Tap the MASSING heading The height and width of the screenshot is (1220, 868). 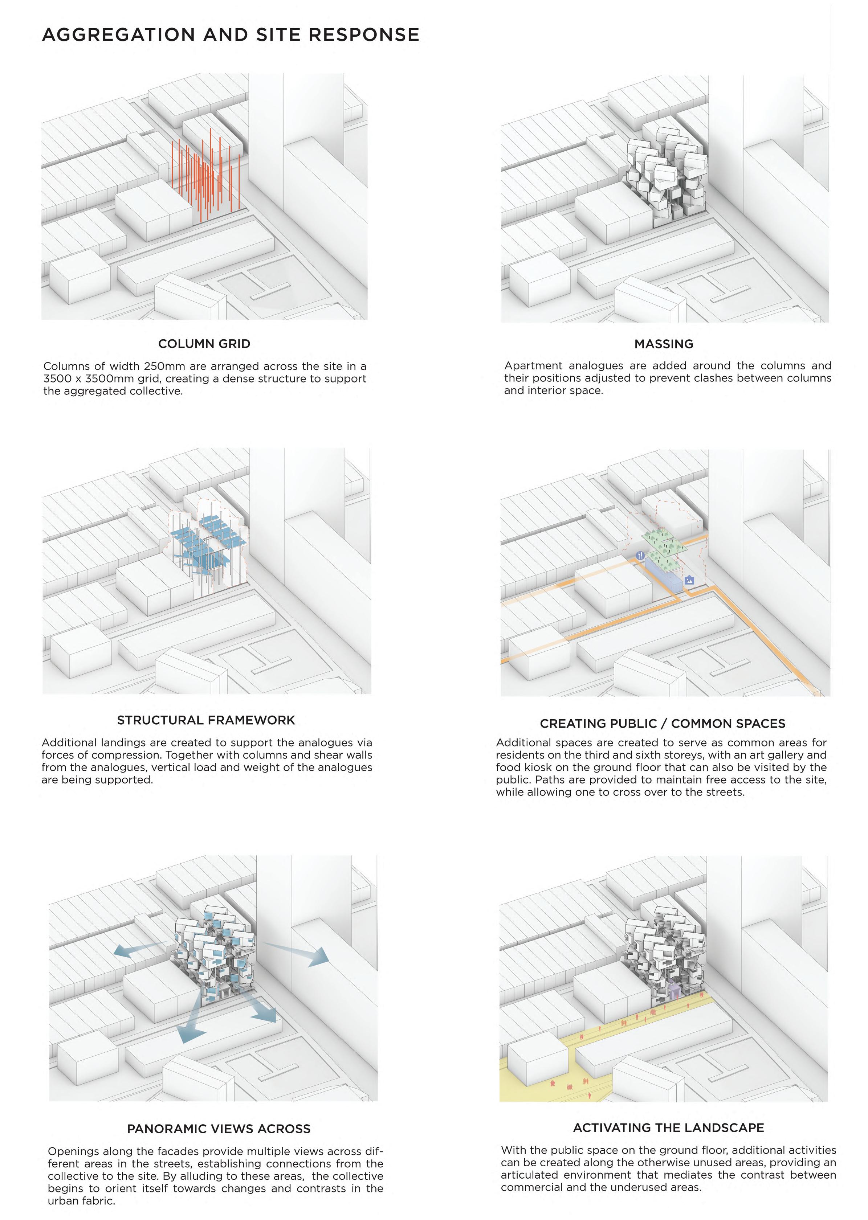tap(664, 344)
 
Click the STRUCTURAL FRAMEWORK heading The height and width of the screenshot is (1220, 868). tap(206, 720)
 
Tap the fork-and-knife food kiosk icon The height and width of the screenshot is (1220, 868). tap(640, 556)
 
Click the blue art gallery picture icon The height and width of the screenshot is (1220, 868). tap(689, 580)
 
